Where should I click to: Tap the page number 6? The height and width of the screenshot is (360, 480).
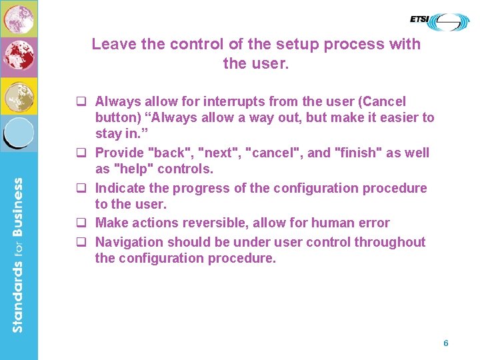446,343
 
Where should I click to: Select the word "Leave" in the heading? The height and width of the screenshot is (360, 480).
114,45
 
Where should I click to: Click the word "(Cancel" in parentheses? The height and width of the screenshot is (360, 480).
382,102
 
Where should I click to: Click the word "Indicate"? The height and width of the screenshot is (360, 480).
121,188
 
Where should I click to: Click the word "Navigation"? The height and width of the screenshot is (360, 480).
129,242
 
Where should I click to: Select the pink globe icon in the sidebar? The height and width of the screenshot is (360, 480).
18,18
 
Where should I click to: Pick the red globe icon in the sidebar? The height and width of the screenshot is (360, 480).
18,57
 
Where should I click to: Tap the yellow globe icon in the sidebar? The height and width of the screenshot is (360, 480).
18,96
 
